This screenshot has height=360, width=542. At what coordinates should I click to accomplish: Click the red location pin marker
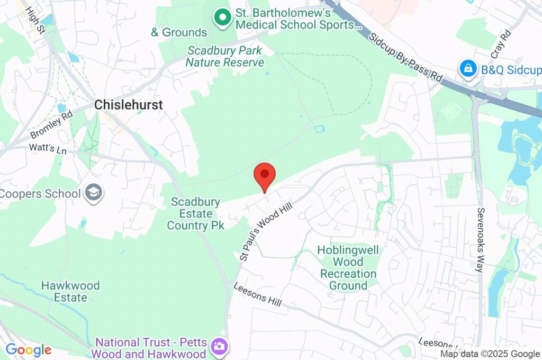(265, 176)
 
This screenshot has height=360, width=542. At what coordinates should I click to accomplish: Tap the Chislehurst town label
(129, 105)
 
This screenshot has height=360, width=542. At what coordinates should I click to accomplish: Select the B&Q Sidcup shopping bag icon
(468, 69)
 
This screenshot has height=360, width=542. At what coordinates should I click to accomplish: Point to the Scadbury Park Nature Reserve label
(225, 57)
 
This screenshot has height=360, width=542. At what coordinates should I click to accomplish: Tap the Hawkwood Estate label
(70, 292)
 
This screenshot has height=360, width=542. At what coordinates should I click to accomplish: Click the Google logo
(29, 350)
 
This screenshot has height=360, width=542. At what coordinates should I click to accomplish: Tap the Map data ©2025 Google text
(490, 354)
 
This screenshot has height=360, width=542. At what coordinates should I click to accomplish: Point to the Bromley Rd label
(51, 124)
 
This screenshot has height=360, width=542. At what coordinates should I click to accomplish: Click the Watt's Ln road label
(48, 150)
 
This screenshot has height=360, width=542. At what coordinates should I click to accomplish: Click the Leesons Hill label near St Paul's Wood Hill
(257, 295)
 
